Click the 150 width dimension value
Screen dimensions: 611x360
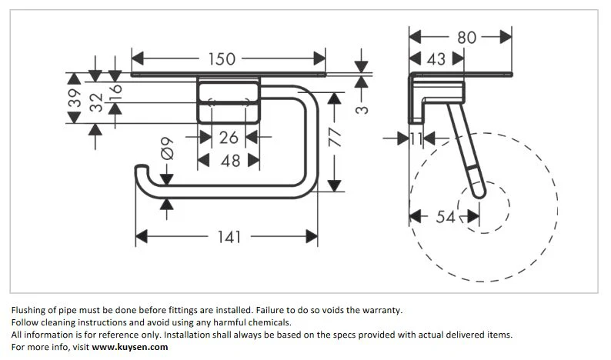click(x=222, y=58)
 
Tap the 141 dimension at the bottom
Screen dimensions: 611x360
click(x=229, y=236)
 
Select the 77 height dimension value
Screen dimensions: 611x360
click(x=335, y=138)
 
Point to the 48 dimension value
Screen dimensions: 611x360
click(x=230, y=161)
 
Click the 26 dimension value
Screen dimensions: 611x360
click(x=229, y=138)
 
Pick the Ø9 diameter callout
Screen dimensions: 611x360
click(x=167, y=148)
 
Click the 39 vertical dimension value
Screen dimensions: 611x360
click(x=74, y=98)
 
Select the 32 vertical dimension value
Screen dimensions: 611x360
click(x=96, y=102)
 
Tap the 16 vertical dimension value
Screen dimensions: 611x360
click(x=115, y=92)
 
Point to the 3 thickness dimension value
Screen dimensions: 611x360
click(x=362, y=109)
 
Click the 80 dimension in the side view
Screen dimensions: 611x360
click(x=466, y=38)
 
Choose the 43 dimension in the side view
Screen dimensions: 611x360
click(x=436, y=59)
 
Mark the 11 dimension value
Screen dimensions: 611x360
click(x=416, y=138)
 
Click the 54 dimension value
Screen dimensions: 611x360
click(x=446, y=217)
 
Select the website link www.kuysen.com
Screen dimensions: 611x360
click(x=130, y=347)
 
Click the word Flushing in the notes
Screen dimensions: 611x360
click(x=28, y=311)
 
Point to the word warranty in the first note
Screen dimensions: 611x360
click(x=382, y=311)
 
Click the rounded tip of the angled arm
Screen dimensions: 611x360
click(x=479, y=194)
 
